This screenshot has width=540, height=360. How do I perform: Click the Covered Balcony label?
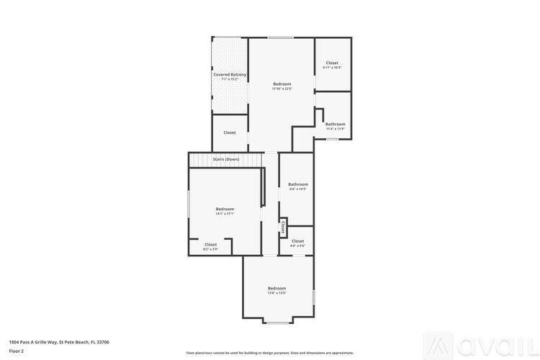(x=230, y=74)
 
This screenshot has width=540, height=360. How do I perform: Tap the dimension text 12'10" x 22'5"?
(x=282, y=89)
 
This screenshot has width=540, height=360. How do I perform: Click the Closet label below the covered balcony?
(x=230, y=132)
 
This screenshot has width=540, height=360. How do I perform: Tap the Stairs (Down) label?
(x=226, y=159)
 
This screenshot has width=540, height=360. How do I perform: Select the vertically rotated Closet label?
(x=283, y=228)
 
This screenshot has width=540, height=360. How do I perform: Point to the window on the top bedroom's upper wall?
(x=281, y=37)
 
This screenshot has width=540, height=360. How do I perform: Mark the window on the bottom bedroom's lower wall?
(x=278, y=323)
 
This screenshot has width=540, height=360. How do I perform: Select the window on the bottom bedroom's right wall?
(x=314, y=297)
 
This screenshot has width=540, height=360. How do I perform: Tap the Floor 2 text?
(x=17, y=351)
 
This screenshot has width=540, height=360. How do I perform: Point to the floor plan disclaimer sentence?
(x=270, y=353)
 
